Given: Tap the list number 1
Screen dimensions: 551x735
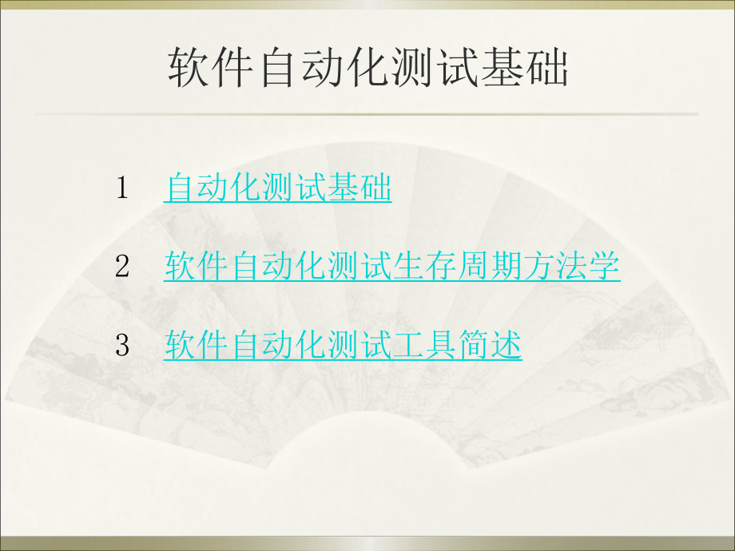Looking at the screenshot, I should pyautogui.click(x=122, y=188).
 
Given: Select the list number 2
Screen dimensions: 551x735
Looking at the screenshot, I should pyautogui.click(x=122, y=267).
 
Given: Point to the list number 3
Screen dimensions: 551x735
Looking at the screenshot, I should pyautogui.click(x=122, y=345).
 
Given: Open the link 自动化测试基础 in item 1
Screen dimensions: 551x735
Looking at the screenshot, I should pyautogui.click(x=277, y=188).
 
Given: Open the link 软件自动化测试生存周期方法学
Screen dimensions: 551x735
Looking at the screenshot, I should pyautogui.click(x=392, y=267).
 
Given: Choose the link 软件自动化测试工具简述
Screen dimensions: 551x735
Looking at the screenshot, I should pyautogui.click(x=343, y=345).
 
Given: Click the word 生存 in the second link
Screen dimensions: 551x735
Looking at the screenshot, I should pyautogui.click(x=425, y=267).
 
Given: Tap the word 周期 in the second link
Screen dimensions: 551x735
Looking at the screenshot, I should pyautogui.click(x=491, y=267).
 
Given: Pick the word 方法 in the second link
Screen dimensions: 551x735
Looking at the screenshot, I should pyautogui.click(x=556, y=267).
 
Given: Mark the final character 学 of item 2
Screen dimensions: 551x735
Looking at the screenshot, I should pyautogui.click(x=605, y=267).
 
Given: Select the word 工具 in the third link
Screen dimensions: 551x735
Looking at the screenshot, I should pyautogui.click(x=425, y=345).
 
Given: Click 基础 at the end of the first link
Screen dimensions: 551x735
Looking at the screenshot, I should pyautogui.click(x=360, y=188).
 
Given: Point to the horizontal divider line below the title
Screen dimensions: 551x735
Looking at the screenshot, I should pyautogui.click(x=367, y=114).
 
